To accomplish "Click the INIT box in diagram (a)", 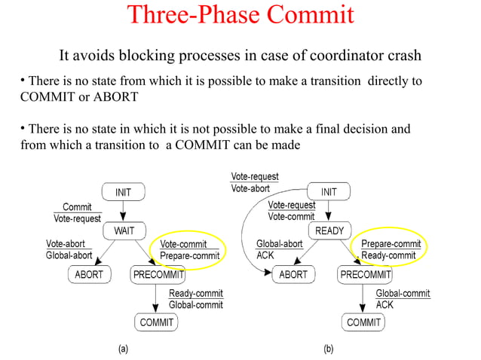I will pos(123,193).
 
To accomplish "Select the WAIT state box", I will pos(123,229).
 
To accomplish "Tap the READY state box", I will pos(329,230).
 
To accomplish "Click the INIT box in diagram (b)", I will pos(329,192).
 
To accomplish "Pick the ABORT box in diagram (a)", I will pos(89,275).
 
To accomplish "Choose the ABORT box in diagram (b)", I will pos(293,275).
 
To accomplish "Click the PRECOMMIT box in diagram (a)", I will pos(155,275).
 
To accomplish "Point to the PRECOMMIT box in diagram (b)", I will pos(365,275).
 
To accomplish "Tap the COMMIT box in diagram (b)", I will pos(363,322).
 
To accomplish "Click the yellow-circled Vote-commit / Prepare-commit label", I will pos(189,250).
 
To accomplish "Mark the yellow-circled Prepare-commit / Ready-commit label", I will pos(391,250).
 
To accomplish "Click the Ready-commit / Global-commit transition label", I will pos(195,299).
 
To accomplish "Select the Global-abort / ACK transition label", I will pos(279,250).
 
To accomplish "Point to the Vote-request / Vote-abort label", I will pos(254,182).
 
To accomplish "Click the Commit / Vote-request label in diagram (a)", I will pos(77,212).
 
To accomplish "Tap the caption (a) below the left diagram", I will pos(121,349).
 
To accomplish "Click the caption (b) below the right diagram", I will pos(329,349).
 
